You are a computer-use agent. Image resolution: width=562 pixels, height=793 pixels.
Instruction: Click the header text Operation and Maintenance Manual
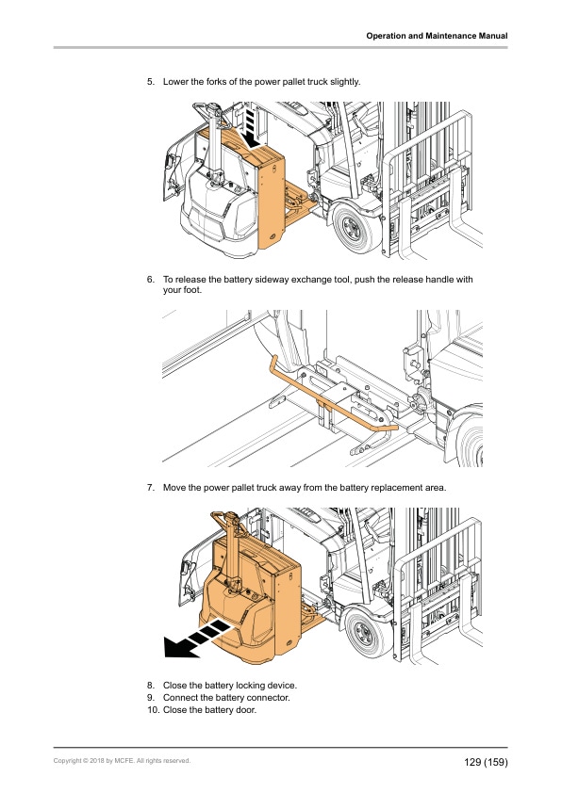coord(437,36)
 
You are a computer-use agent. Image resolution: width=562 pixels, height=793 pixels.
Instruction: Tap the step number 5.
coord(151,82)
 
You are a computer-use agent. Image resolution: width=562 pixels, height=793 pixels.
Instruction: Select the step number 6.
coord(151,280)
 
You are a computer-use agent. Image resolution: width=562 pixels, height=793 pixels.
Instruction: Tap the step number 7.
coord(151,488)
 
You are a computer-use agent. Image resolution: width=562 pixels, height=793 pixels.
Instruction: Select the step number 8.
coord(151,686)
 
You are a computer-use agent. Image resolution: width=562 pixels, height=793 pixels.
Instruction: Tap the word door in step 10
coord(246,710)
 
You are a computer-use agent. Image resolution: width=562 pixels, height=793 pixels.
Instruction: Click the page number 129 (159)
coord(486,762)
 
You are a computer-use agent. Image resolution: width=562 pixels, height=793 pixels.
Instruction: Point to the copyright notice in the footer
coord(122,761)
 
